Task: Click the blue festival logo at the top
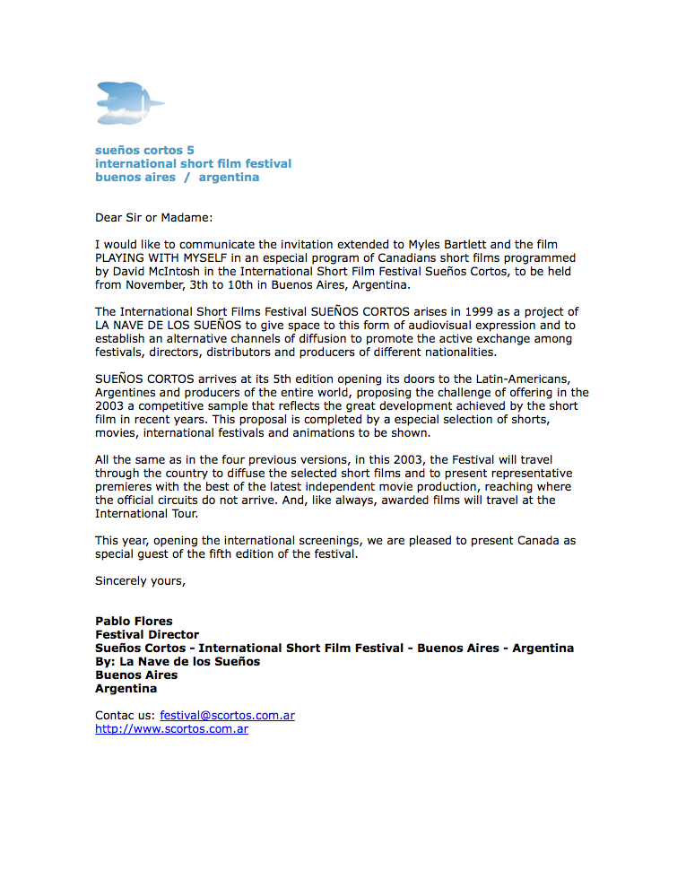click(x=130, y=102)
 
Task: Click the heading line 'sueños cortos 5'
click(x=144, y=150)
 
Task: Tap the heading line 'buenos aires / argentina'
click(x=177, y=177)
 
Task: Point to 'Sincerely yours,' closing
click(x=140, y=580)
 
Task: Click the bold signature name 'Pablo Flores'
click(x=134, y=621)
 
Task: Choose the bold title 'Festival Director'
click(x=147, y=634)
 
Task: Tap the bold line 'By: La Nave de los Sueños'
click(x=178, y=661)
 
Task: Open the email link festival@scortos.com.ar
click(x=227, y=715)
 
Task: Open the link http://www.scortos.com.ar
click(x=171, y=728)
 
